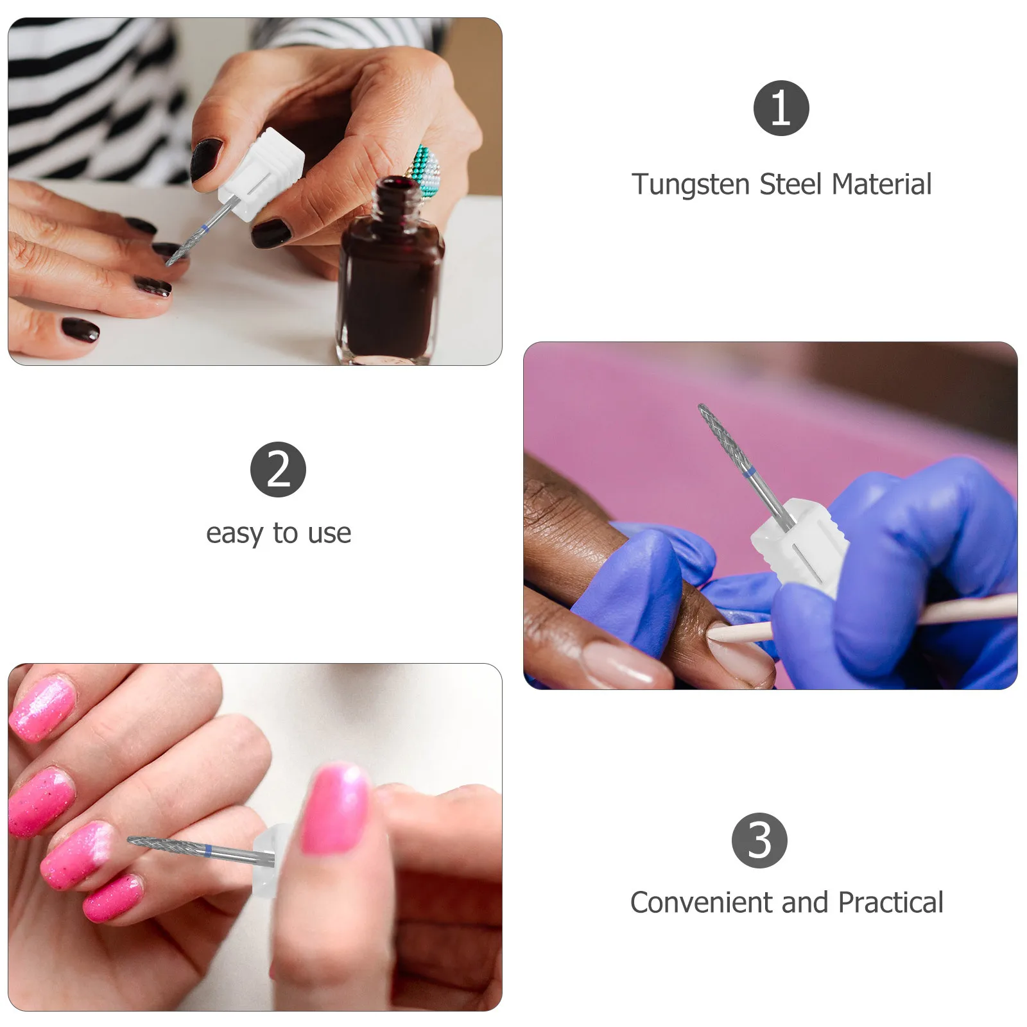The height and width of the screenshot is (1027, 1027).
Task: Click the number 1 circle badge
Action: coord(781,108)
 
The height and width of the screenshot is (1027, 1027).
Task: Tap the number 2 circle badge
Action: coord(278,469)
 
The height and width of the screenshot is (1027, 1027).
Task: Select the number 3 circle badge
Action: coord(759,840)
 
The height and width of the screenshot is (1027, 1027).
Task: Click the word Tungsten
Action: coord(691,185)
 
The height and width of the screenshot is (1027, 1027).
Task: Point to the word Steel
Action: coord(790,184)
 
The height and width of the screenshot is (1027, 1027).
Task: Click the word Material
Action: coord(881,184)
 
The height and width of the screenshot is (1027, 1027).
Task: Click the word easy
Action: coord(234,533)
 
